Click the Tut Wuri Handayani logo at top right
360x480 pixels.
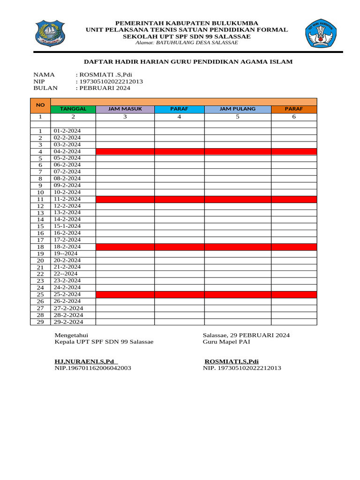pyautogui.click(x=322, y=33)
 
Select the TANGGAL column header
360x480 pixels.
pyautogui.click(x=73, y=109)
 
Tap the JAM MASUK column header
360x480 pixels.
pyautogui.click(x=125, y=109)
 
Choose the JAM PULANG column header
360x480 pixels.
pyautogui.click(x=238, y=109)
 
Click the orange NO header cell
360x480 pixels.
pyautogui.click(x=40, y=105)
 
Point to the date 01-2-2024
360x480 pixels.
pyautogui.click(x=67, y=131)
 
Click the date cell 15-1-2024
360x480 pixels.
pyautogui.click(x=67, y=226)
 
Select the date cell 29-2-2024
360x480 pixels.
pyautogui.click(x=68, y=322)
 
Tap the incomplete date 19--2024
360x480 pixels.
pyautogui.click(x=65, y=253)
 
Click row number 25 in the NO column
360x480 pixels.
pyautogui.click(x=40, y=294)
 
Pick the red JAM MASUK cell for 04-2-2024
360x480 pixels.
pyautogui.click(x=125, y=151)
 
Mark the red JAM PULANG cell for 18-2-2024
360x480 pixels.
pyautogui.click(x=238, y=247)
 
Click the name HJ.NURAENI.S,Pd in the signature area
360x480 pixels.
pyautogui.click(x=85, y=361)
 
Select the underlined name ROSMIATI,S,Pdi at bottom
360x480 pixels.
pyautogui.click(x=232, y=361)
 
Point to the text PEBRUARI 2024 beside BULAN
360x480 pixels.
pyautogui.click(x=105, y=88)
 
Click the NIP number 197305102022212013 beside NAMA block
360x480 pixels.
pyautogui.click(x=111, y=81)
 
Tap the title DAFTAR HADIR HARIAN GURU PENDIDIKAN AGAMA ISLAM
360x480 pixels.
pyautogui.click(x=188, y=61)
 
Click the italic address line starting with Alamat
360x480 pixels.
pyautogui.click(x=186, y=43)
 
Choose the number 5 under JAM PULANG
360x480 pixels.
pyautogui.click(x=238, y=117)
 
